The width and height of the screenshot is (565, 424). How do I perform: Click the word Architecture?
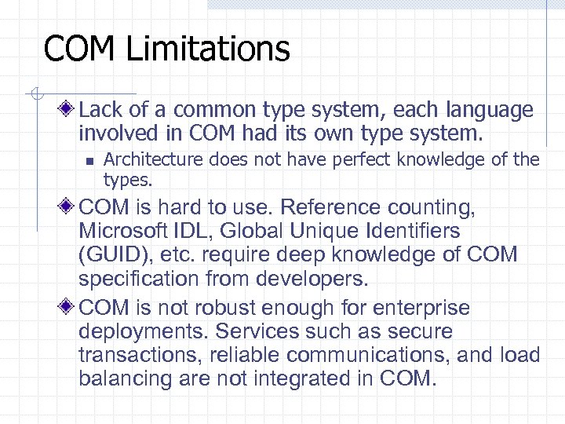tap(151, 160)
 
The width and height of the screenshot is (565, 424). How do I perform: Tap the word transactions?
tap(138, 354)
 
